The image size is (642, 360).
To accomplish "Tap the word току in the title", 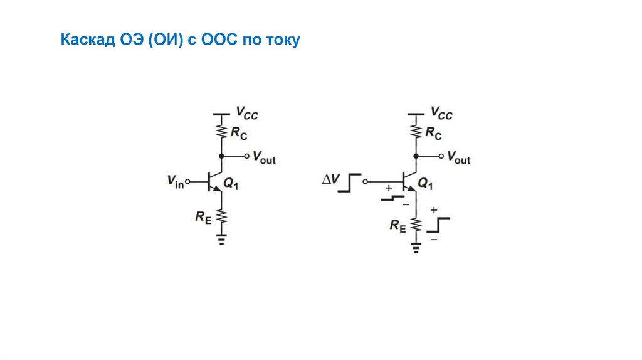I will pos(283,41).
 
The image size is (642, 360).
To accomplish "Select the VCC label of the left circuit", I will pos(246,114).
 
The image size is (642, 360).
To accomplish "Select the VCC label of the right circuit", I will pos(441,114).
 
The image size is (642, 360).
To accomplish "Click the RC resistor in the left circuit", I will pos(221,130).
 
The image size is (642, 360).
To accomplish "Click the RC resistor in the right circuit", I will pos(415,130).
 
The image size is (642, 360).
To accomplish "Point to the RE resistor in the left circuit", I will pos(221,216).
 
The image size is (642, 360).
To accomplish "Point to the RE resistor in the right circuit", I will pos(415,225).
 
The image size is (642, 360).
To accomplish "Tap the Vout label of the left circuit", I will pos(264,157).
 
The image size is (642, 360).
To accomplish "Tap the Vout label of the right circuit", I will pos(458,157).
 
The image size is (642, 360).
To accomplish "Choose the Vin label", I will pos(176,181).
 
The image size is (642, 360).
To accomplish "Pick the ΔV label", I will pos(330,180).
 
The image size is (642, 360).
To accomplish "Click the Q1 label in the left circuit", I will pos(231,184).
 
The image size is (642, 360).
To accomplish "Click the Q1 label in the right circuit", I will pos(426,184).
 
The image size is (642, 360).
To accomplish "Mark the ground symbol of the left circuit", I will pos(221,239).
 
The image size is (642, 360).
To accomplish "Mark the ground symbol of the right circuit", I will pos(415,247).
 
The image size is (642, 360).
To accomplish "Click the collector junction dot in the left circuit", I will pos(221,156).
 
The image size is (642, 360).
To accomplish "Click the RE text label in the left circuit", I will pos(203,217).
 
